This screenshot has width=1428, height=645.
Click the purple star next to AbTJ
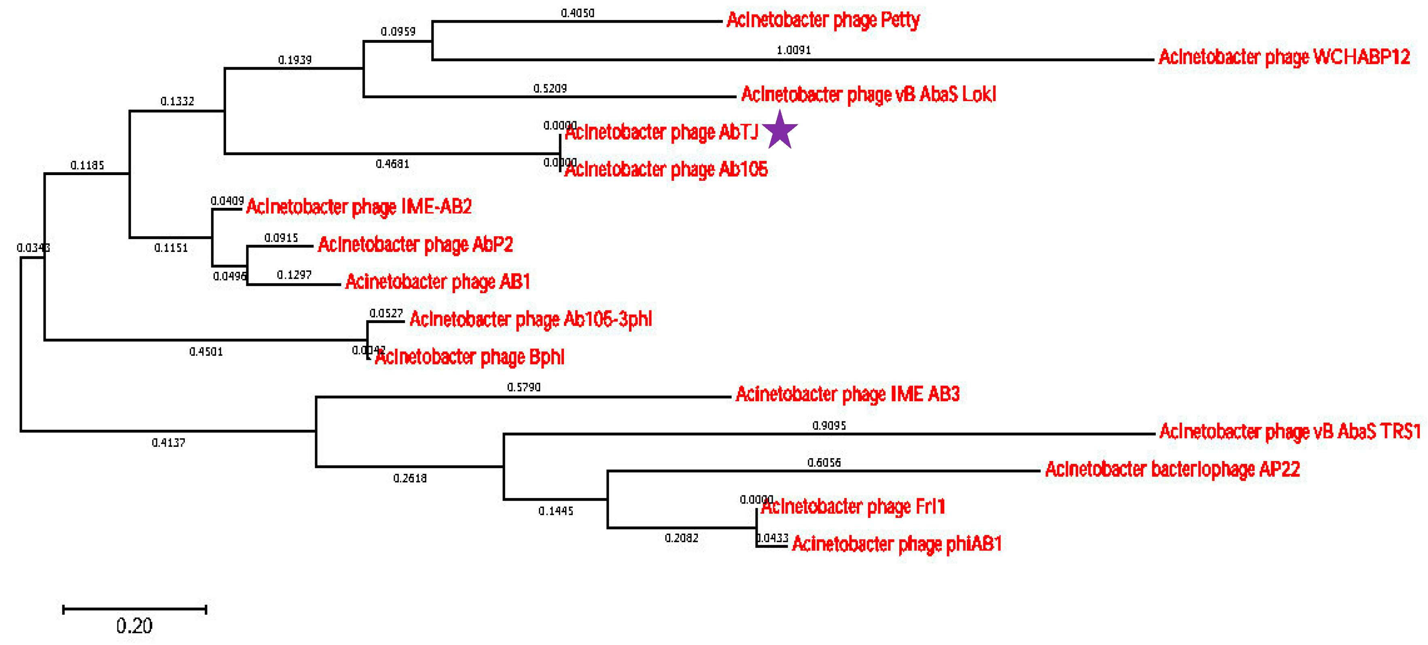780,130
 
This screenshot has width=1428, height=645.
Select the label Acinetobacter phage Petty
823,20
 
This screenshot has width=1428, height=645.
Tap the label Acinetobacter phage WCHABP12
1284,57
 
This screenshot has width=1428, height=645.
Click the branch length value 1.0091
793,50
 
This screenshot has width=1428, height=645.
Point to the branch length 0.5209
549,88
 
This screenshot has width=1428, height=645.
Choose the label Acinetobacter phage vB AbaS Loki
868,94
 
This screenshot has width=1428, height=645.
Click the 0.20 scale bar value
134,626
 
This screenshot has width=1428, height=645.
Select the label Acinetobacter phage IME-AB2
359,207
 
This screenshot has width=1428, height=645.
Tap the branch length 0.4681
392,163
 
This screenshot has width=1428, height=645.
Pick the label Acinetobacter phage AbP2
415,244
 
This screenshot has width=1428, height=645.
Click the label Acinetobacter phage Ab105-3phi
530,319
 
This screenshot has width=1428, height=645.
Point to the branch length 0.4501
206,351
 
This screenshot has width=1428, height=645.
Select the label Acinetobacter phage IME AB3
847,394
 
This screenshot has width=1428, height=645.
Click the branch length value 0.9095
829,425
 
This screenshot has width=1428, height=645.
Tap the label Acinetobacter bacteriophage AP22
1172,469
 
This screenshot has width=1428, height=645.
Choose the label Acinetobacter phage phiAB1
896,544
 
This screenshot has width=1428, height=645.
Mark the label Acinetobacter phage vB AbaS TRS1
1290,431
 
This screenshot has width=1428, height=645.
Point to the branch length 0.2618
410,478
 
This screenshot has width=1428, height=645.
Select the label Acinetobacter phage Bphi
470,357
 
